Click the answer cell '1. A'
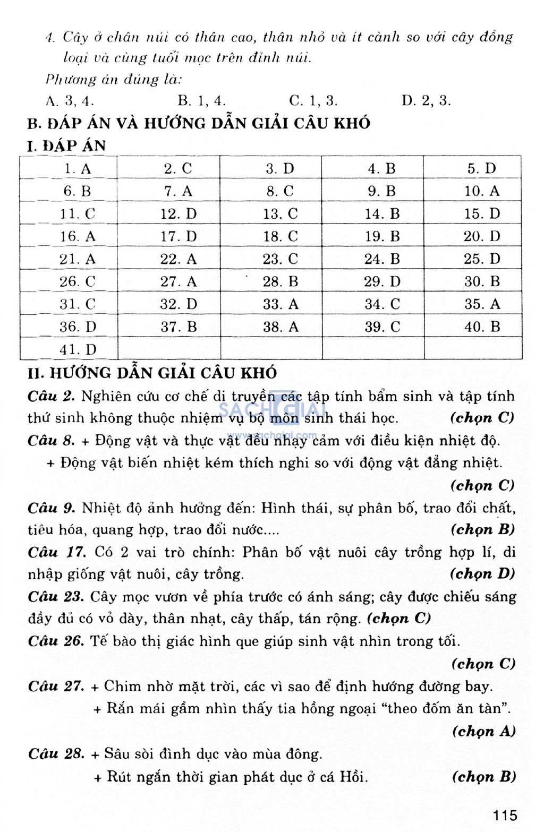click(78, 169)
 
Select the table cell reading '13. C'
click(280, 214)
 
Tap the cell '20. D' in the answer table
click(482, 236)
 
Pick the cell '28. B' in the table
click(280, 282)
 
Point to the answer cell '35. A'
click(482, 304)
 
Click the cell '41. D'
click(78, 350)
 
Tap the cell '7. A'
click(178, 191)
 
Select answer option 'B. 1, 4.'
click(201, 101)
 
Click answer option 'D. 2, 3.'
click(426, 101)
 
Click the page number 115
click(504, 814)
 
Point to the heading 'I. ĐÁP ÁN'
click(66, 145)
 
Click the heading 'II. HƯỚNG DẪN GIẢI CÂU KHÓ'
click(152, 373)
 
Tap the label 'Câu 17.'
click(57, 552)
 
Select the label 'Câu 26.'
click(56, 641)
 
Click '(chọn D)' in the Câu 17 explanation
click(482, 574)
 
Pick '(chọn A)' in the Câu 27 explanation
click(483, 731)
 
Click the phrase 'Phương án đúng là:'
click(114, 80)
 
